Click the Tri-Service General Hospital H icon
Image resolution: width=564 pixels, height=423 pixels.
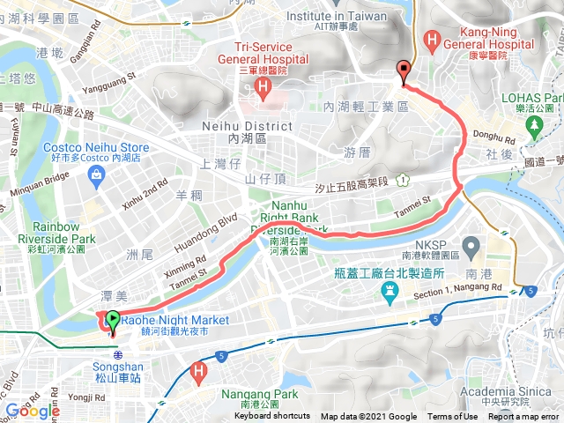(262, 86)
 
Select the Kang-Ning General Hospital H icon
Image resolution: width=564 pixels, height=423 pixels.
(432, 39)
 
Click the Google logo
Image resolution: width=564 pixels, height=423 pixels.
(32, 411)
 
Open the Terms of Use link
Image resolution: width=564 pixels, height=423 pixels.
(451, 417)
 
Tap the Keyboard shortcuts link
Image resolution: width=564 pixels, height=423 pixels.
(272, 417)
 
